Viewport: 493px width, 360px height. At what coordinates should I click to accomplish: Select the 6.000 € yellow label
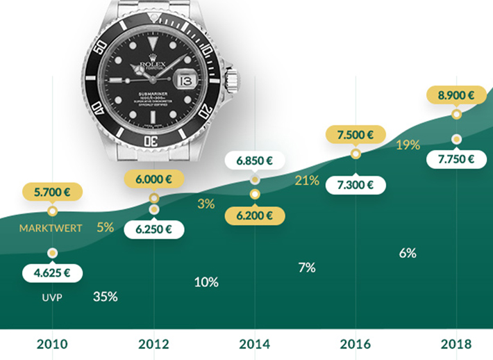pyautogui.click(x=153, y=179)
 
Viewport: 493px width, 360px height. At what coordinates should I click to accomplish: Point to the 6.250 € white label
pyautogui.click(x=153, y=229)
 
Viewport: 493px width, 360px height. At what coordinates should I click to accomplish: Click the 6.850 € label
pyautogui.click(x=254, y=161)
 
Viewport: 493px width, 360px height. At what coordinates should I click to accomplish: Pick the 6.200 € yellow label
pyautogui.click(x=254, y=215)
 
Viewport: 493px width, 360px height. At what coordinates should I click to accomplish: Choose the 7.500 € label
pyautogui.click(x=356, y=136)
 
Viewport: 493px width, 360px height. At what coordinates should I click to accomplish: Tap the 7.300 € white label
pyautogui.click(x=356, y=186)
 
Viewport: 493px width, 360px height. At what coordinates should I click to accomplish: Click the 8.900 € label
pyautogui.click(x=456, y=96)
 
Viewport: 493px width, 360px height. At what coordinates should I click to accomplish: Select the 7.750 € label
pyautogui.click(x=456, y=159)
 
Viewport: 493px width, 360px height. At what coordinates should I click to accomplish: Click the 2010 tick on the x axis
pyautogui.click(x=52, y=344)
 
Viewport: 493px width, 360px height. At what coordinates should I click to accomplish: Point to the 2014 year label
pyautogui.click(x=254, y=344)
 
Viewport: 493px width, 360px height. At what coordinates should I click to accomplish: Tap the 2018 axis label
pyautogui.click(x=456, y=344)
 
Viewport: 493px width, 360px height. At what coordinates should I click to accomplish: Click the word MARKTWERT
pyautogui.click(x=51, y=228)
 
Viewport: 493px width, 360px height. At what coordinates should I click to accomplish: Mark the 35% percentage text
pyautogui.click(x=106, y=297)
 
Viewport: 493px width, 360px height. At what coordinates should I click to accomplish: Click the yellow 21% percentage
pyautogui.click(x=306, y=181)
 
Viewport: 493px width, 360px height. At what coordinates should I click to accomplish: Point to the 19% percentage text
pyautogui.click(x=408, y=145)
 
